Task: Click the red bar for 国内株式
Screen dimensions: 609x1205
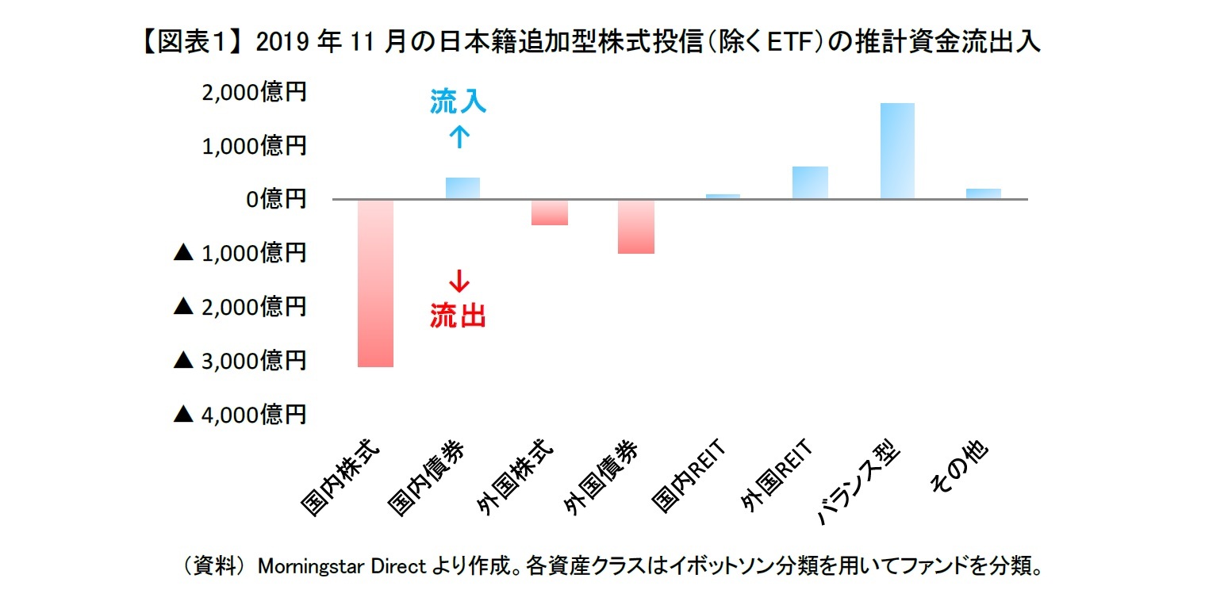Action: [x=375, y=283]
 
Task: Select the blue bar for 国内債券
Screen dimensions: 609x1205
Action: [x=462, y=189]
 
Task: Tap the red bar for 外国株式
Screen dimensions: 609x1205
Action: [x=550, y=213]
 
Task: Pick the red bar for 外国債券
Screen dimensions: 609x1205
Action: [x=636, y=227]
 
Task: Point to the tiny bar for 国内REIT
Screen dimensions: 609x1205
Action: [x=723, y=196]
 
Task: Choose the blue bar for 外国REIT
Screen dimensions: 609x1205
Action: [x=810, y=183]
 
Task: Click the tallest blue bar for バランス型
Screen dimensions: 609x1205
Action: [x=897, y=151]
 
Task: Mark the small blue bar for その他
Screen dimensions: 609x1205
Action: [x=984, y=194]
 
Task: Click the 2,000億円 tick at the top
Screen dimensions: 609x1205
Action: [x=254, y=93]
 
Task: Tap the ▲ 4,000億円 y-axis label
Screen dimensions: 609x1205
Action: [x=240, y=414]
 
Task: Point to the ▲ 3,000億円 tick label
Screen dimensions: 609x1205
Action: [x=240, y=361]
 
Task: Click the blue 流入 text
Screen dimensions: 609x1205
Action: [x=459, y=101]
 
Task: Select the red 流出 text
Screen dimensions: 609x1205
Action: [x=458, y=316]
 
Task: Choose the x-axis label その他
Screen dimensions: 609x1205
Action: [x=961, y=472]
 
